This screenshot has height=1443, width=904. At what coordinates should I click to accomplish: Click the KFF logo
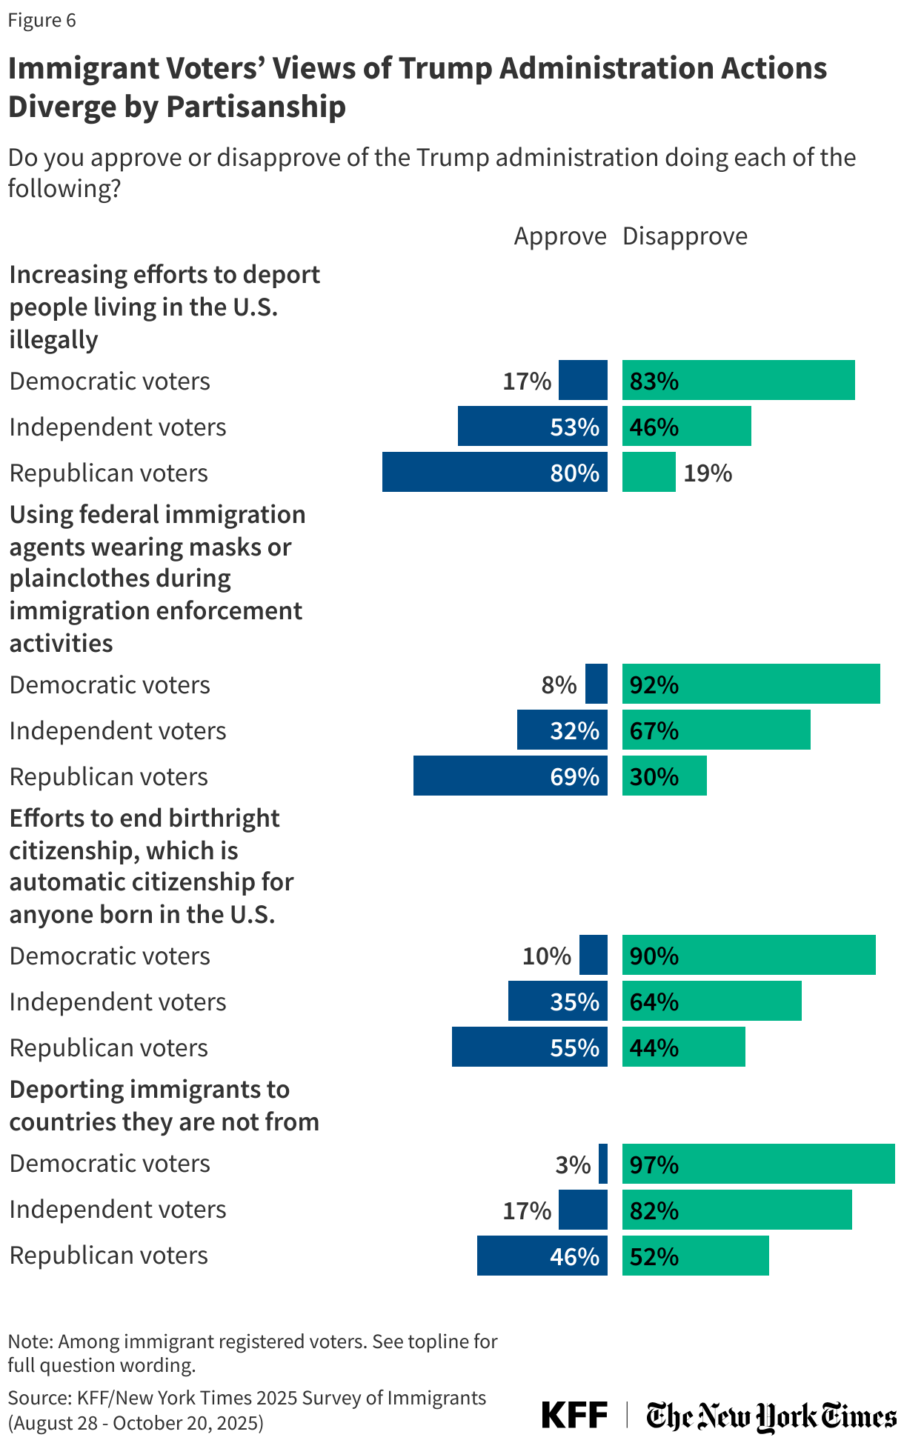click(574, 1415)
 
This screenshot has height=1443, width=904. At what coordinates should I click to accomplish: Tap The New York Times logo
click(771, 1416)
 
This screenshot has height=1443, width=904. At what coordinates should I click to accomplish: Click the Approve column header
click(559, 236)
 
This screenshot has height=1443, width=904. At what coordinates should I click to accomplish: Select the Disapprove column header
click(685, 236)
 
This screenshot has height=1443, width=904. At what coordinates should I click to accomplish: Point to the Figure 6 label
click(41, 20)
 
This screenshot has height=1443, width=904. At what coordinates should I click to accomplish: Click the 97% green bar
click(758, 1164)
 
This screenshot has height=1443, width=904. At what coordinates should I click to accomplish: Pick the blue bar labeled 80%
click(494, 472)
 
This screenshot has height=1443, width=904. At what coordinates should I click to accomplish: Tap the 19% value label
click(707, 473)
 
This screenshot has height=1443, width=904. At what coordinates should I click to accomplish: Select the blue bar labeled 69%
click(510, 776)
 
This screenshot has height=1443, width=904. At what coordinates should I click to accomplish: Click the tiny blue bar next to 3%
click(603, 1164)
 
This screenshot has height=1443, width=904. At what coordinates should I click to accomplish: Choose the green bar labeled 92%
click(751, 684)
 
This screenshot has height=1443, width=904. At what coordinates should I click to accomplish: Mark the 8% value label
click(559, 684)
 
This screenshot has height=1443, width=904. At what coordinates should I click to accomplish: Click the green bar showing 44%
click(683, 1047)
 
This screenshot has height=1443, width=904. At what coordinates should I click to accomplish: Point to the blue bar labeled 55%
click(529, 1047)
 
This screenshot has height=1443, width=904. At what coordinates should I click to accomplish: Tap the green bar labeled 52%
click(695, 1256)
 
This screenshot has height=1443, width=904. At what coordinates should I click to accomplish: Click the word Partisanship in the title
click(256, 107)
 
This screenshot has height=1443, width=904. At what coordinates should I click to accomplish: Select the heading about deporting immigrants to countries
click(164, 1105)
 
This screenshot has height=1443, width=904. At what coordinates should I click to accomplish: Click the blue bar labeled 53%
click(532, 426)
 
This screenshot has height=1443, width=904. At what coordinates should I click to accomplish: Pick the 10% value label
click(546, 956)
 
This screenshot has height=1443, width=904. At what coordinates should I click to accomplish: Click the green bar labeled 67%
click(716, 730)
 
